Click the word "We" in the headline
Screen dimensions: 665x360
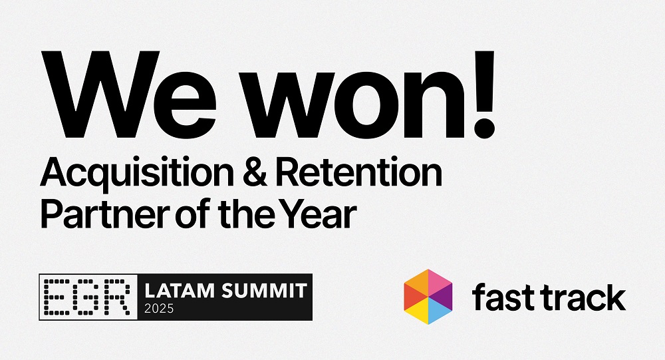(x=128, y=95)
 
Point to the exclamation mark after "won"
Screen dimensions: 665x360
(x=484, y=95)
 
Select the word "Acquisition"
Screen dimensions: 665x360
(x=136, y=173)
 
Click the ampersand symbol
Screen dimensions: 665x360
(x=255, y=172)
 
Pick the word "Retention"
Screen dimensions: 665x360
(x=359, y=172)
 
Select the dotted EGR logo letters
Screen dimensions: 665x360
(x=88, y=297)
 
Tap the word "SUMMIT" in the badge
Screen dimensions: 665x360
(x=264, y=291)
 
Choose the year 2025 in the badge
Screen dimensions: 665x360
(x=159, y=309)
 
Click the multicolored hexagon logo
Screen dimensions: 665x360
(x=428, y=297)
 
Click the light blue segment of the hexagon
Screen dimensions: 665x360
(x=440, y=311)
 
